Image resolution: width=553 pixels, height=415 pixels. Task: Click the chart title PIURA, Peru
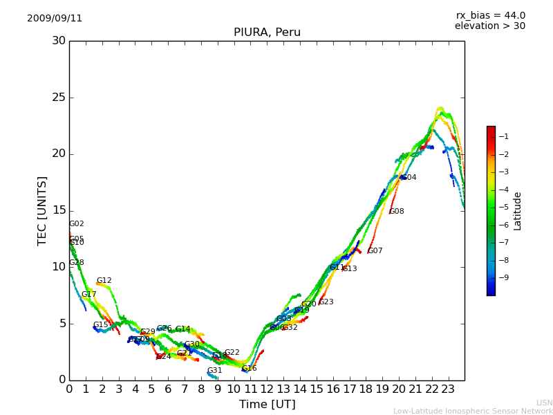(267, 33)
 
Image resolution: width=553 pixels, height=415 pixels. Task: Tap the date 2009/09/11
(55, 19)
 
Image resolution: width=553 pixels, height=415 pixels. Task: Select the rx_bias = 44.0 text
(490, 16)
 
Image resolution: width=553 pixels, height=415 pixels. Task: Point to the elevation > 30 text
(489, 26)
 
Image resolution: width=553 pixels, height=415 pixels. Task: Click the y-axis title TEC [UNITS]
(43, 210)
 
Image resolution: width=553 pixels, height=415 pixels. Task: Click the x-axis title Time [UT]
(267, 405)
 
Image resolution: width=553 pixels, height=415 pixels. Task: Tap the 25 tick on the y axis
(59, 98)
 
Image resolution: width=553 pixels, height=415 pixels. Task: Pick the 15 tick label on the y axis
(59, 210)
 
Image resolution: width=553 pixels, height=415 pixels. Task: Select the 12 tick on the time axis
(267, 389)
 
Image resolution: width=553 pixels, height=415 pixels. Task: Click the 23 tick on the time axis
(448, 389)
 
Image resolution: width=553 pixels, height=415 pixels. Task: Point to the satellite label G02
(76, 224)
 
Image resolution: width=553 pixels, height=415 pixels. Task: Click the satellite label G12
(104, 281)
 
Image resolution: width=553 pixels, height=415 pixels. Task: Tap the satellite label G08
(397, 212)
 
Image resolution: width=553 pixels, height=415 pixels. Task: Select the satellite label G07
(375, 251)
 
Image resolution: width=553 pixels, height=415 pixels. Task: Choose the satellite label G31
(215, 371)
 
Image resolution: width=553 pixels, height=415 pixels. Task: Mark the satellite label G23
(326, 302)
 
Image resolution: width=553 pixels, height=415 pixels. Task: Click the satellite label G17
(89, 295)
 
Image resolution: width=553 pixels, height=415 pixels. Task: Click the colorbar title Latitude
(517, 211)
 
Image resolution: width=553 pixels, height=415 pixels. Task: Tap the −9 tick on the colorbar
(504, 278)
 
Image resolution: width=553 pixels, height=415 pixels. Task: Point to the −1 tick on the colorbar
(504, 137)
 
